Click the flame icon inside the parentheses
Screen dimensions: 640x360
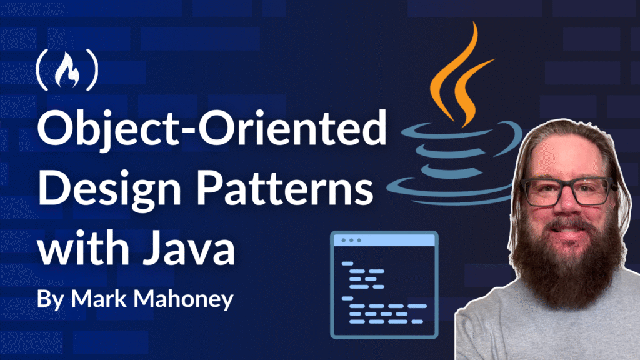67,70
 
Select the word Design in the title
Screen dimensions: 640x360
109,187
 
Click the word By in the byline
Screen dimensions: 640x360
50,299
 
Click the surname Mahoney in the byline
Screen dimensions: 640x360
184,299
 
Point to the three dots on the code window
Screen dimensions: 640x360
351,241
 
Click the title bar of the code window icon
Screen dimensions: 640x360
384,241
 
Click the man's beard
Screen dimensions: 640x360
567,261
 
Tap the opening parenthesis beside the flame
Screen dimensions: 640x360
42,70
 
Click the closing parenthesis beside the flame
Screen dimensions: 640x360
92,70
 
